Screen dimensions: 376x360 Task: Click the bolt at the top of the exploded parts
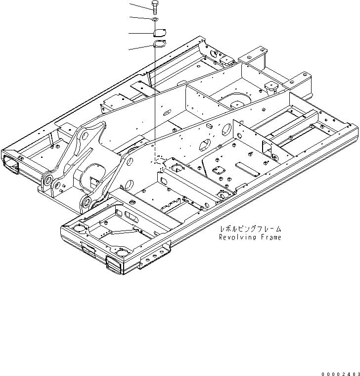click(155, 6)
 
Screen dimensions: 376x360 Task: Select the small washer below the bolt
click(155, 19)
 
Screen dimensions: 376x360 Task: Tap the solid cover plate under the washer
click(158, 33)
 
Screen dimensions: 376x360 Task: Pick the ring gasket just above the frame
click(159, 45)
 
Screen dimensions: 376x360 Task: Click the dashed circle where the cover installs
click(158, 160)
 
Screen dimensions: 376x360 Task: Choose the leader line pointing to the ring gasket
click(141, 47)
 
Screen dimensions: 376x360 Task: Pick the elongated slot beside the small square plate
click(246, 168)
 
